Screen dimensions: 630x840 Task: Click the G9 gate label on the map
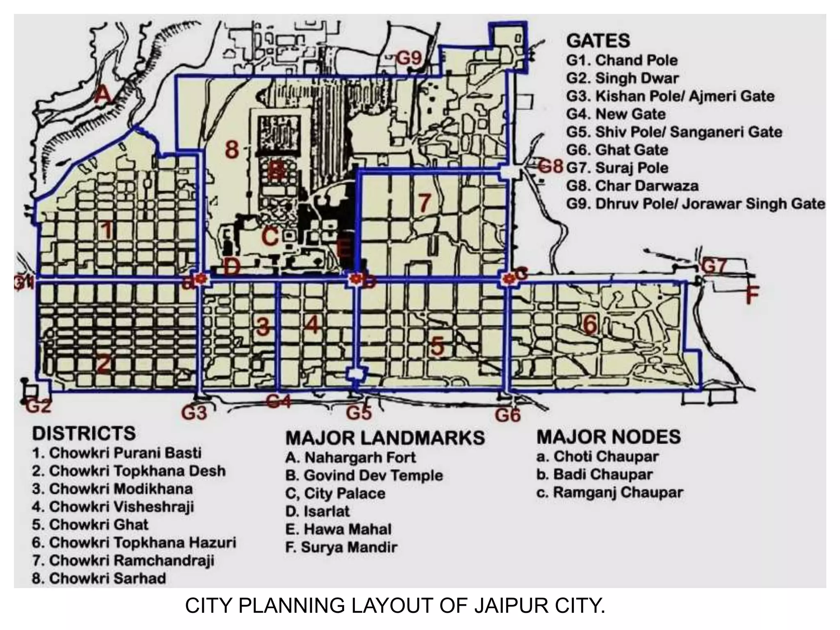pos(409,59)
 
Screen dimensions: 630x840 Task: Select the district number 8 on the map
pos(232,149)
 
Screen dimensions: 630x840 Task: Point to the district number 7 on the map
pos(425,202)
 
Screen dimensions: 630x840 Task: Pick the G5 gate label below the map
pos(359,413)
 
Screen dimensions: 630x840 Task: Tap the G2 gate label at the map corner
pos(39,406)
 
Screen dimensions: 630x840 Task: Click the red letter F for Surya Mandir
pos(752,294)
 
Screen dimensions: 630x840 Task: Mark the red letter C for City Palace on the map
pos(270,237)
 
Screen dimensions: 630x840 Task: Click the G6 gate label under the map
pos(507,415)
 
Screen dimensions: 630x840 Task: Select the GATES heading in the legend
pos(598,41)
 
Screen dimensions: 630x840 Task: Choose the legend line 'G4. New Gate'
pos(616,114)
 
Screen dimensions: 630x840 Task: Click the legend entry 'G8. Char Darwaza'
pos(632,186)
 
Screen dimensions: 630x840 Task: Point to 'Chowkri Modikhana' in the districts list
pos(112,489)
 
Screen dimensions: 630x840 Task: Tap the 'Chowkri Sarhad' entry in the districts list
pos(99,578)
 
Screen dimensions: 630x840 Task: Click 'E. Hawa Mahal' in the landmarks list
pos(338,529)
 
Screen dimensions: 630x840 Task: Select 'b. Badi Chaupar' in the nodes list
pos(594,475)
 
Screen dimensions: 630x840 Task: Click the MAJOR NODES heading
pos(609,437)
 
